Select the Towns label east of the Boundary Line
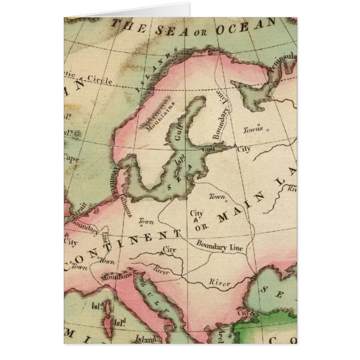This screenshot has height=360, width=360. pyautogui.click(x=253, y=129)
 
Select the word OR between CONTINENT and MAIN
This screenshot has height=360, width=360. pyautogui.click(x=202, y=225)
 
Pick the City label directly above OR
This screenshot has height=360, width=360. pyautogui.click(x=197, y=214)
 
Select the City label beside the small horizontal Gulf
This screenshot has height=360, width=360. pyautogui.click(x=244, y=149)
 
